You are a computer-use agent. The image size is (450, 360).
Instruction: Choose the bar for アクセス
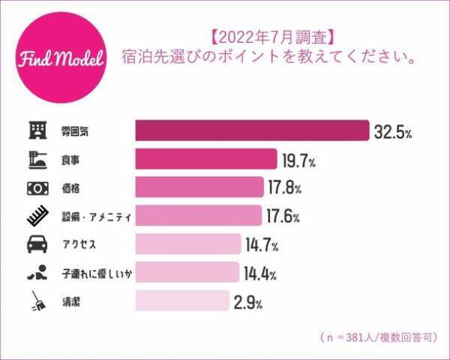tap(187, 244)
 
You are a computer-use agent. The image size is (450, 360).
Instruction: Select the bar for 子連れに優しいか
tap(186, 272)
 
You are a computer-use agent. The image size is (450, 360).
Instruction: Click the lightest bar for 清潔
tap(181, 301)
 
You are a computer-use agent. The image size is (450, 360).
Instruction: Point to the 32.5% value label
tap(393, 132)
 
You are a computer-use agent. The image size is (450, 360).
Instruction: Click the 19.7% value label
tap(299, 160)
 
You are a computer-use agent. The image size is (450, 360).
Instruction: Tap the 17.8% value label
tap(286, 187)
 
